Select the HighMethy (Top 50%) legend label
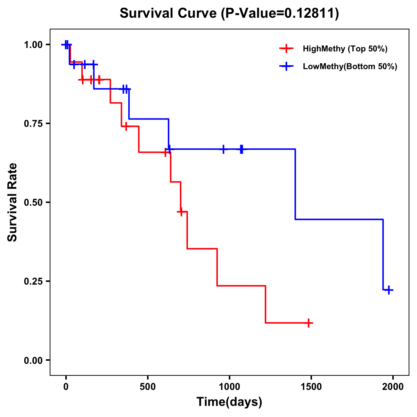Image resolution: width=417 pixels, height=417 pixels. pyautogui.click(x=345, y=49)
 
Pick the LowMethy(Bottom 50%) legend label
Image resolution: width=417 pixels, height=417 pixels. pyautogui.click(x=350, y=66)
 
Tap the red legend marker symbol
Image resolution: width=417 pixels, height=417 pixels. pyautogui.click(x=286, y=49)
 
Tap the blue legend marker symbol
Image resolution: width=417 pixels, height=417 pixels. pyautogui.click(x=286, y=66)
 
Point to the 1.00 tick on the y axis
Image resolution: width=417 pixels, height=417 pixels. pyautogui.click(x=33, y=45)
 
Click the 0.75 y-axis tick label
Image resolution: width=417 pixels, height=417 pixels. pyautogui.click(x=33, y=124)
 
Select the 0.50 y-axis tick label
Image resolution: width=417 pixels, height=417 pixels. pyautogui.click(x=33, y=203)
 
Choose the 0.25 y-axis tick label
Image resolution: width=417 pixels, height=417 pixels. pyautogui.click(x=33, y=281)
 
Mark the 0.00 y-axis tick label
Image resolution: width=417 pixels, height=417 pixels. pyautogui.click(x=33, y=360)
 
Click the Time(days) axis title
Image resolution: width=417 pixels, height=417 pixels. pyautogui.click(x=229, y=402)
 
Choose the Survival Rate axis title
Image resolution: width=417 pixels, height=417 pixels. pyautogui.click(x=13, y=202)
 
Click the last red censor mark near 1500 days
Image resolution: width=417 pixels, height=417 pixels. pyautogui.click(x=308, y=323)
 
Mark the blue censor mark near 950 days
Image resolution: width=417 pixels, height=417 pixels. pyautogui.click(x=223, y=149)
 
